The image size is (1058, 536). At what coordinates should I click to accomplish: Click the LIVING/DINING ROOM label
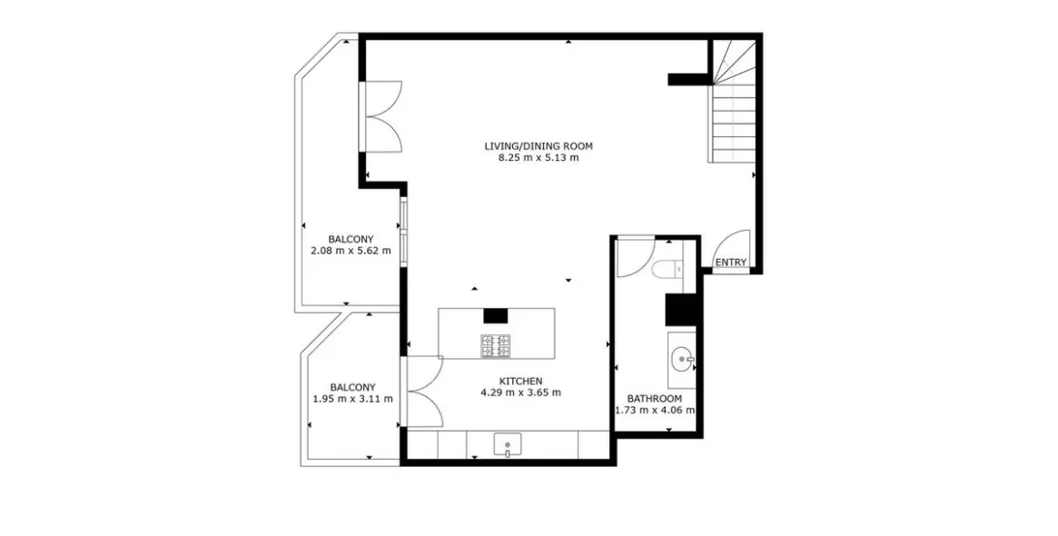point(538,145)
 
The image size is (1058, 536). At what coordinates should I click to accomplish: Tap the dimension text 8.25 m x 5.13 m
point(538,157)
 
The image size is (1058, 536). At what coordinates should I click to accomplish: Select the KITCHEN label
point(520,381)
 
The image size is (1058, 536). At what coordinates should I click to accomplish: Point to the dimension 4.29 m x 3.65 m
point(520,392)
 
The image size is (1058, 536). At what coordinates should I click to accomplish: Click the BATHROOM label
point(654,398)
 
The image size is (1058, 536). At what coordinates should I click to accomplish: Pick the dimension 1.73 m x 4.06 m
point(655,410)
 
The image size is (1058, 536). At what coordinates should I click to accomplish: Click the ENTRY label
point(730,263)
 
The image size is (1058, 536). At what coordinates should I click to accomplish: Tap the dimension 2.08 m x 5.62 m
point(351,251)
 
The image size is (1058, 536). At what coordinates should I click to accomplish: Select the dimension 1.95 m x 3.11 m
point(351,398)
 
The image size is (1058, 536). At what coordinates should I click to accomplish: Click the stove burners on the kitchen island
point(496,345)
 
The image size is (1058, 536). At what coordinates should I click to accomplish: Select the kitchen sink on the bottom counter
point(508,445)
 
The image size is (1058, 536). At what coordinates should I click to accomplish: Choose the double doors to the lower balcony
point(423,391)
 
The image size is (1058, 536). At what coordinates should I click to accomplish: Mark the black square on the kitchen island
point(495,315)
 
